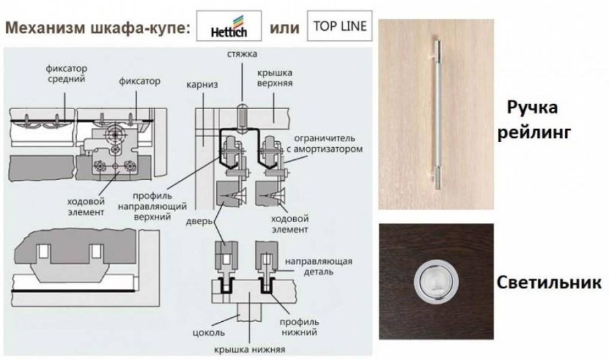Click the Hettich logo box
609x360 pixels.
click(x=229, y=26)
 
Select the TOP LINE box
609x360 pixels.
click(x=339, y=26)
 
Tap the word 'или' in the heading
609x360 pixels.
click(x=284, y=28)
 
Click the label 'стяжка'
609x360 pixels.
click(x=242, y=54)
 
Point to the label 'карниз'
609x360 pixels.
click(x=202, y=84)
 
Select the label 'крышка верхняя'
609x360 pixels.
click(x=274, y=78)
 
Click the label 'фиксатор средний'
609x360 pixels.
click(x=66, y=74)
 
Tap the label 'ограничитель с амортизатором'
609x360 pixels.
click(x=325, y=143)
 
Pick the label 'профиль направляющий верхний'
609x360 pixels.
click(x=153, y=206)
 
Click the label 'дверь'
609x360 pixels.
click(x=199, y=221)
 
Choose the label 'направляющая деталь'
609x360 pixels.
click(x=319, y=266)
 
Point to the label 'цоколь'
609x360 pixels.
click(x=209, y=333)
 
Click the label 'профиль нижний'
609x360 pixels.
click(x=299, y=327)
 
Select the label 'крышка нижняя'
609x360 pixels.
click(x=250, y=349)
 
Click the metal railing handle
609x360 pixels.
click(x=436, y=112)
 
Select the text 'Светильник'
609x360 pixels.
click(x=549, y=282)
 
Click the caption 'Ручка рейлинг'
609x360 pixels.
click(x=534, y=120)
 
